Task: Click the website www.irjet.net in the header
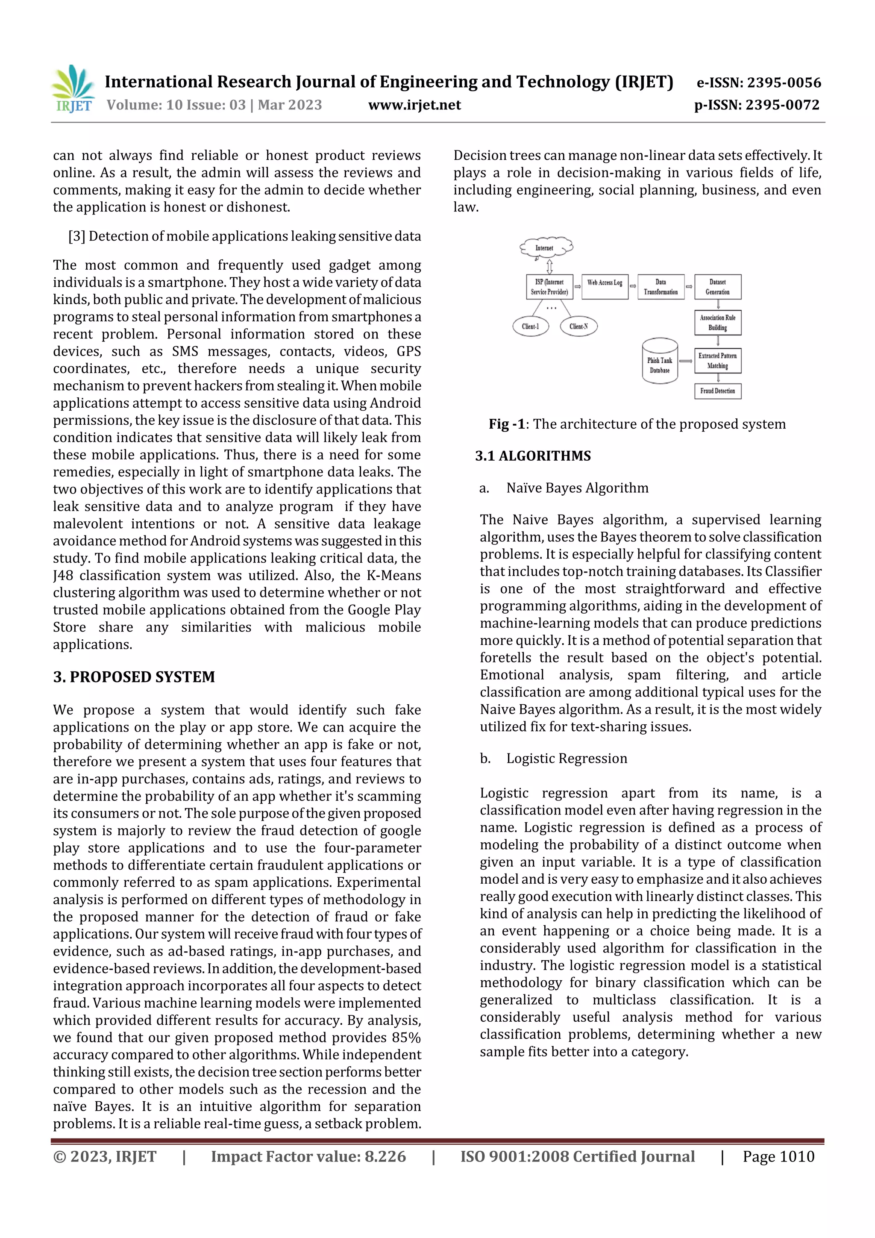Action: [x=414, y=105]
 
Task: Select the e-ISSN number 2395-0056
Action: [x=783, y=82]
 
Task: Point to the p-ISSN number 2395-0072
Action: [x=782, y=105]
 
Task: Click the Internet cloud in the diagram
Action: [x=545, y=248]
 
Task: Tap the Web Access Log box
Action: [x=605, y=287]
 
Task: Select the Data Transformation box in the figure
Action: [x=661, y=287]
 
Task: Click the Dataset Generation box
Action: [x=718, y=287]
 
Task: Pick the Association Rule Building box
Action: [x=718, y=323]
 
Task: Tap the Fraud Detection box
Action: [x=718, y=391]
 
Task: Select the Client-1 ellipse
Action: [x=531, y=326]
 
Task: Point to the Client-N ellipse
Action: [x=578, y=326]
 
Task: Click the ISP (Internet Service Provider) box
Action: [x=549, y=287]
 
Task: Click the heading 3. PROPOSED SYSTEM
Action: [x=134, y=677]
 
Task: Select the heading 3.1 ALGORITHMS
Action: [x=533, y=456]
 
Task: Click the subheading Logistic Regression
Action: [x=567, y=759]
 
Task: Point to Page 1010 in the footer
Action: [x=778, y=1156]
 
